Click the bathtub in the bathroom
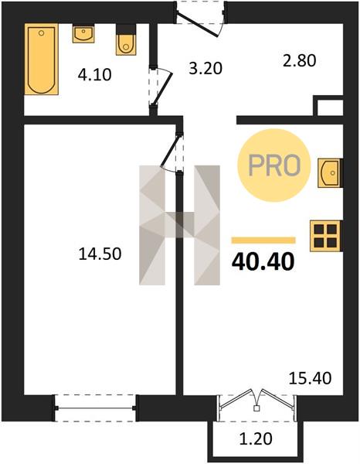pyautogui.click(x=42, y=59)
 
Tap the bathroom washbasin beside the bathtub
pyautogui.click(x=83, y=34)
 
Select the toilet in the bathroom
pyautogui.click(x=127, y=40)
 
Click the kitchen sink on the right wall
pyautogui.click(x=330, y=172)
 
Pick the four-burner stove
pyautogui.click(x=326, y=236)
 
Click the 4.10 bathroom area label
pyautogui.click(x=94, y=75)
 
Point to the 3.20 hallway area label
pyautogui.click(x=205, y=68)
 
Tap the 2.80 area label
pyautogui.click(x=300, y=60)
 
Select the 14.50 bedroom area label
pyautogui.click(x=100, y=254)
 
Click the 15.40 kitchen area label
pyautogui.click(x=310, y=378)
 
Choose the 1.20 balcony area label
pyautogui.click(x=256, y=438)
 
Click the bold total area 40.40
pyautogui.click(x=263, y=262)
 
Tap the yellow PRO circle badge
pyautogui.click(x=274, y=165)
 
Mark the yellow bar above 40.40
pyautogui.click(x=263, y=240)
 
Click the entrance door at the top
pyautogui.click(x=202, y=19)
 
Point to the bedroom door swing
pyautogui.click(x=172, y=152)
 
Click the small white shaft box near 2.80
pyautogui.click(x=330, y=107)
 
